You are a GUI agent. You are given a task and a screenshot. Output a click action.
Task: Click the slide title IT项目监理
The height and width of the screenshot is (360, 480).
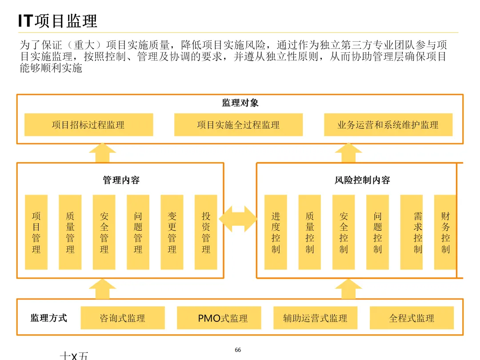click(x=57, y=21)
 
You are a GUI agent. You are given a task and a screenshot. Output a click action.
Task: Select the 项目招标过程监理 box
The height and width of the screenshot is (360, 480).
click(x=88, y=125)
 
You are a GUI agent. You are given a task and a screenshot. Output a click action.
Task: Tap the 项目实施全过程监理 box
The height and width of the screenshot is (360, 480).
click(x=238, y=125)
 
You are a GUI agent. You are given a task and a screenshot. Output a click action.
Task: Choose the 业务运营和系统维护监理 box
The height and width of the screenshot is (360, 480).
click(x=388, y=125)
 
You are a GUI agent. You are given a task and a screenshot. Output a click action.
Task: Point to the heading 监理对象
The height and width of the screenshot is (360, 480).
click(x=240, y=103)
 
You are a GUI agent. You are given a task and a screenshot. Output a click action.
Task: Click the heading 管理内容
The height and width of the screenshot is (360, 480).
click(x=121, y=180)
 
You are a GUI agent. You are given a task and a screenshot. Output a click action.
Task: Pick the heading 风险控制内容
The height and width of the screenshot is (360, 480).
click(x=362, y=180)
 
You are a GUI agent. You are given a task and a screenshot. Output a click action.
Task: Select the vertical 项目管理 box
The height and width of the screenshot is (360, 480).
click(x=36, y=232)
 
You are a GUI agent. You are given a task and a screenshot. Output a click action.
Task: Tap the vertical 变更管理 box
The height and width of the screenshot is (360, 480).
click(x=172, y=232)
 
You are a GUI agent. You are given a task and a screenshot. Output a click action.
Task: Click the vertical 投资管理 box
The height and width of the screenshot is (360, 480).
click(x=206, y=232)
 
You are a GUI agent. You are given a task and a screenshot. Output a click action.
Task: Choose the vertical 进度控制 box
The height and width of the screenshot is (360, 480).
click(x=276, y=232)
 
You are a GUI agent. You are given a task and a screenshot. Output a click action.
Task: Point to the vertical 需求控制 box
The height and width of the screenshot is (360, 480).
click(x=418, y=232)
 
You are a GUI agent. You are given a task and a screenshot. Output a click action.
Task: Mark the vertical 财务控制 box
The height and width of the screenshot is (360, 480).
click(x=445, y=232)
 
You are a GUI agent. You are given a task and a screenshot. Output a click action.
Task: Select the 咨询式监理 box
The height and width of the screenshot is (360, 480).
click(x=122, y=318)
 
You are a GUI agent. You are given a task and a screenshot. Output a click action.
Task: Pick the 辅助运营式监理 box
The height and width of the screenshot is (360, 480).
click(x=315, y=318)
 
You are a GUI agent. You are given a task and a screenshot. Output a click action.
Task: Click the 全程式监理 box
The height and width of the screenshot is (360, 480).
click(x=412, y=318)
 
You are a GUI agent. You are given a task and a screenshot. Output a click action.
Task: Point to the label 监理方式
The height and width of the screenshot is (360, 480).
click(x=49, y=318)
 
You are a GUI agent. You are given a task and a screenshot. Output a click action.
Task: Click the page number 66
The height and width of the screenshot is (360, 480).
click(x=238, y=350)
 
